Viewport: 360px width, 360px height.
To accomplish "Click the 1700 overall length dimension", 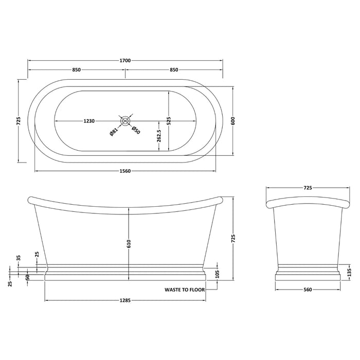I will [125, 60].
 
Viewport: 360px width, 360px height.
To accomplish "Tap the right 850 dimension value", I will [174, 70].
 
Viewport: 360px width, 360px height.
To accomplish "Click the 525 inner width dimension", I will [168, 121].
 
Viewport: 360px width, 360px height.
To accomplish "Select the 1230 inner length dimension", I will [89, 121].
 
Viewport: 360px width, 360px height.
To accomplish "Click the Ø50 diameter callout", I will [135, 131].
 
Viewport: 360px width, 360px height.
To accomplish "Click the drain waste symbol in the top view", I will [125, 121].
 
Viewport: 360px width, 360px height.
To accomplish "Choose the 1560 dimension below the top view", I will [125, 171].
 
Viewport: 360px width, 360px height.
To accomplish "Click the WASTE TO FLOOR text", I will [184, 290].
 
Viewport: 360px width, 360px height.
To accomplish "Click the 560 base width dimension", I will [308, 290].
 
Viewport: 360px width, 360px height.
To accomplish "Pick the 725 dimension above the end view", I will [308, 188].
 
